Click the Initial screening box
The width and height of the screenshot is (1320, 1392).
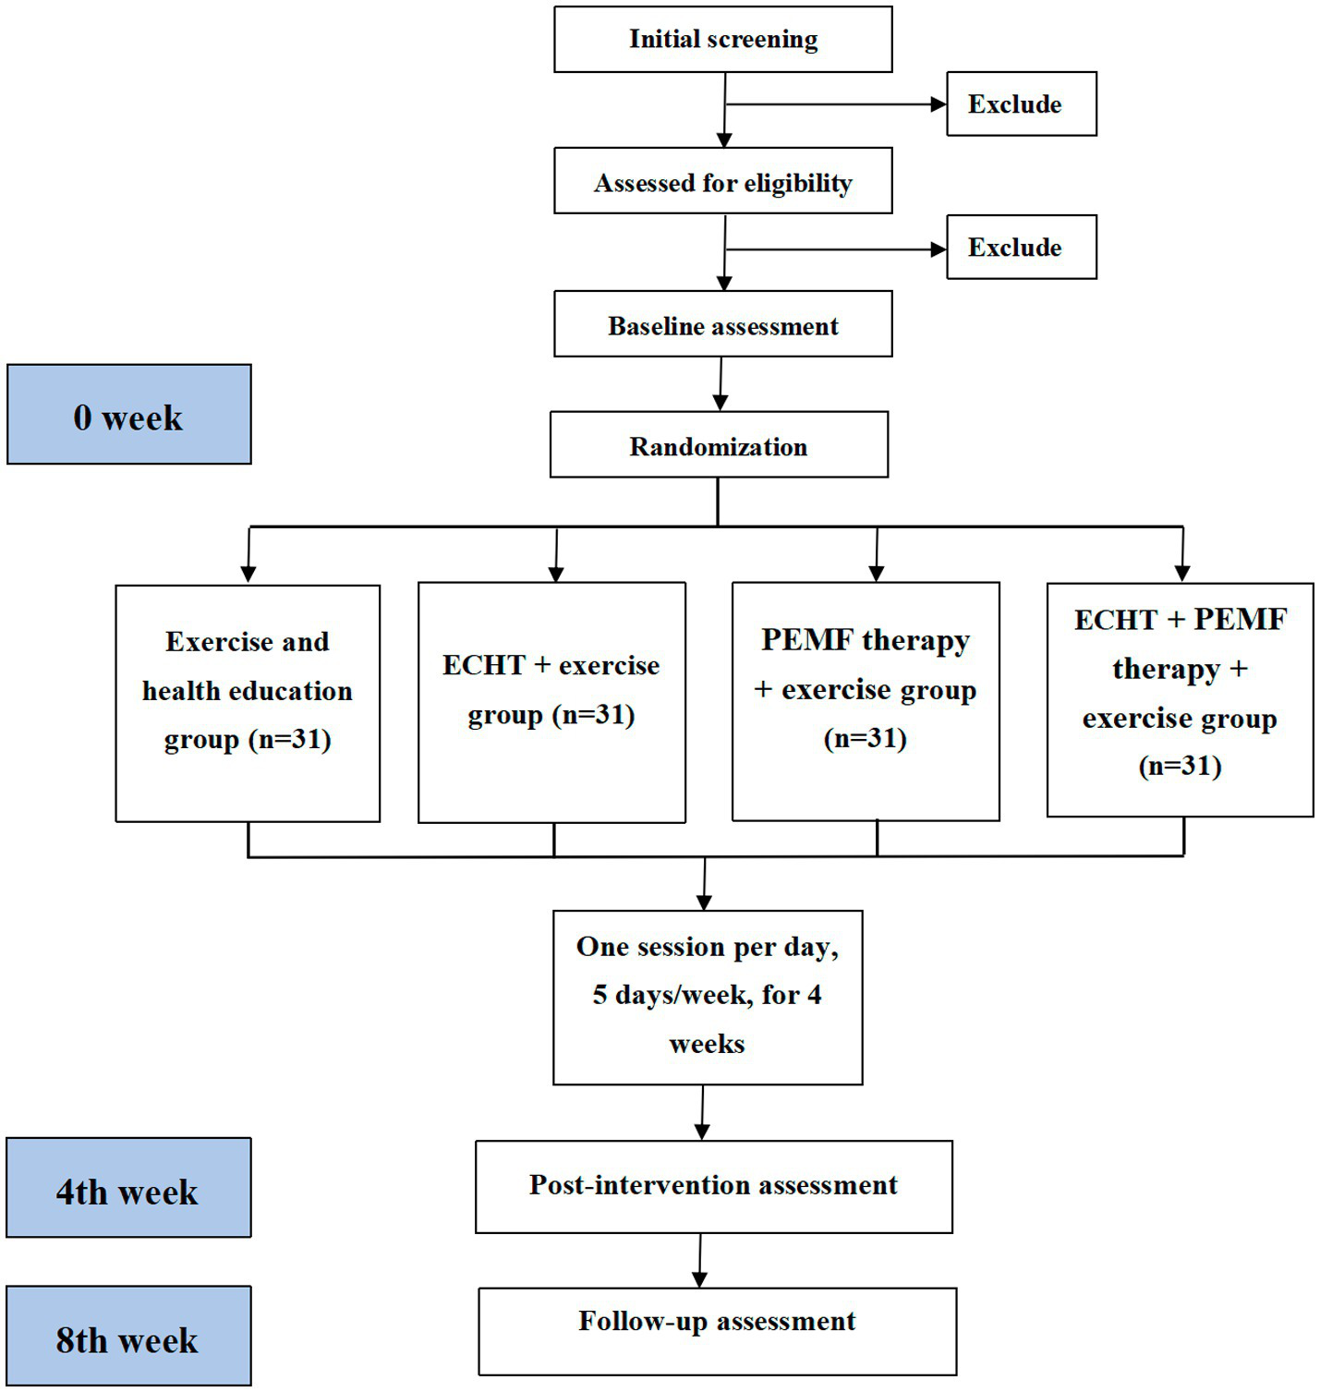722,40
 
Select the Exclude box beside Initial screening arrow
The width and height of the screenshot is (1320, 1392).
1021,104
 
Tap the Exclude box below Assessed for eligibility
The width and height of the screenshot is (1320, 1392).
1021,248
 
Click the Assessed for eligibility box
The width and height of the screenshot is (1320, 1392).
722,182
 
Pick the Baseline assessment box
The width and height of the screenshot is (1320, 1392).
722,325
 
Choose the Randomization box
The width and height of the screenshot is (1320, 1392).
719,445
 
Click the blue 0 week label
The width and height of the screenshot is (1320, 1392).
128,415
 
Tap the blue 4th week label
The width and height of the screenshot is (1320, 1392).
128,1189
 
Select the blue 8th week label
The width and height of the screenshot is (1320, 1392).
128,1337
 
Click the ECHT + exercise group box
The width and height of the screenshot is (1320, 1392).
551,702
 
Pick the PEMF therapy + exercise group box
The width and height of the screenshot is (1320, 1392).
866,702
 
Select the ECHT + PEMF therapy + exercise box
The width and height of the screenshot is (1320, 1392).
1180,700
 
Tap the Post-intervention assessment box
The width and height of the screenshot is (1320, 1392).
713,1187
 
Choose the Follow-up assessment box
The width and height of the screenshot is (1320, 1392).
717,1332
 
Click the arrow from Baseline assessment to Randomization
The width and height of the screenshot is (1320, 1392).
721,384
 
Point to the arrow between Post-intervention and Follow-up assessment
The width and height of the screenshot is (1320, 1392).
700,1261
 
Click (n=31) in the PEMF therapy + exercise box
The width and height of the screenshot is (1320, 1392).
865,739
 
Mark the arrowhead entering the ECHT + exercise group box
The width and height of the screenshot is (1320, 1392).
555,574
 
